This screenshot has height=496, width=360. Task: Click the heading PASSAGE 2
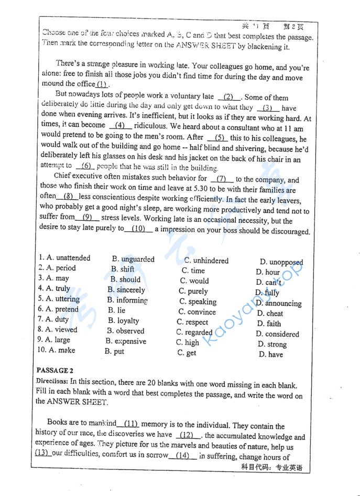54,370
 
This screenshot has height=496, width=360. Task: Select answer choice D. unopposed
281,262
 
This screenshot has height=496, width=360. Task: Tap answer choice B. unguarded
133,259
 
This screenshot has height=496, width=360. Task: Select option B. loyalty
124,320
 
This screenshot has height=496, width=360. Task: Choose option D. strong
272,344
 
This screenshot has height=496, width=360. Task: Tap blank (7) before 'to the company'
221,179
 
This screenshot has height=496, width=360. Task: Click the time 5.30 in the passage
187,190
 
